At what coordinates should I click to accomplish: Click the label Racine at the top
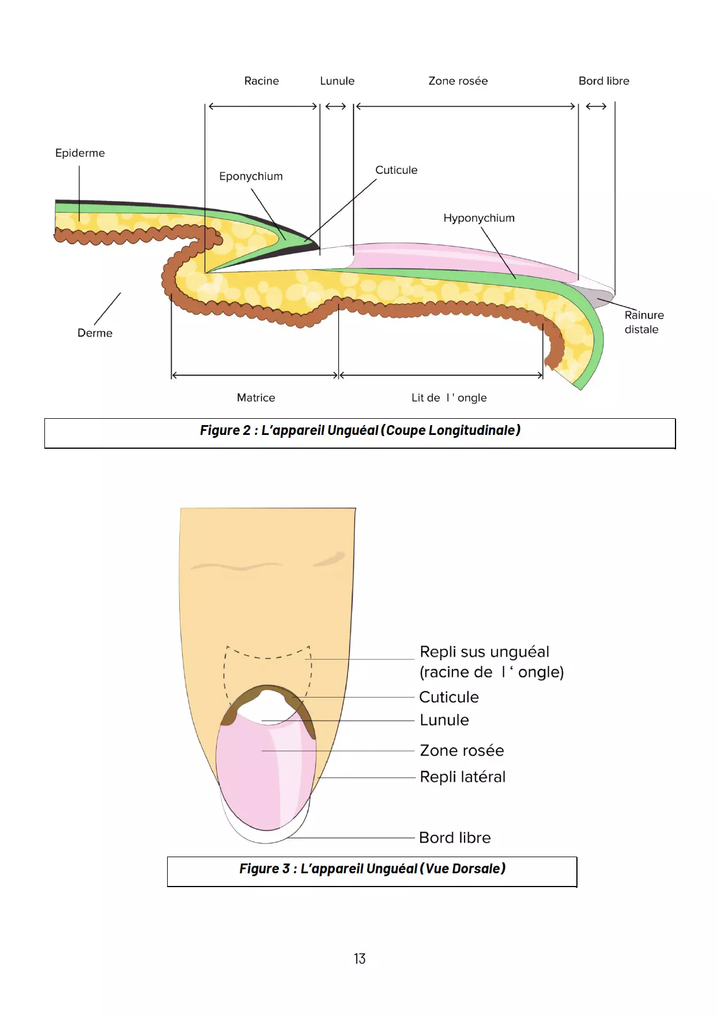[x=261, y=81]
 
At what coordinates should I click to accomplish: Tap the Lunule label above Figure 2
[x=337, y=81]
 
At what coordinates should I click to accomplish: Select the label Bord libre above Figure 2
[x=603, y=81]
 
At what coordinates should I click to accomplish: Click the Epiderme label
[x=80, y=153]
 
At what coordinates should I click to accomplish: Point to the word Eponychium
[x=251, y=176]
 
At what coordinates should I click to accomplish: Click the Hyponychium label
[x=478, y=218]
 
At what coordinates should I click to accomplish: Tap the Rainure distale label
[x=643, y=322]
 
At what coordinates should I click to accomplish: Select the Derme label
[x=95, y=333]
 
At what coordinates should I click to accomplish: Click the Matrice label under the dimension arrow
[x=256, y=397]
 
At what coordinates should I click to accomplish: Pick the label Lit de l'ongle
[x=448, y=397]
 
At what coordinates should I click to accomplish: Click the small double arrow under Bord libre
[x=596, y=107]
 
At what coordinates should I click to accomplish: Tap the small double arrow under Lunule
[x=335, y=107]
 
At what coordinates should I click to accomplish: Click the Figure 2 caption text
[x=360, y=430]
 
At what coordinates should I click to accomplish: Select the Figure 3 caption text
[x=372, y=869]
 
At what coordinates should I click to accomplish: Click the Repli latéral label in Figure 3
[x=462, y=777]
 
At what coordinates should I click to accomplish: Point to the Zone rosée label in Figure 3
[x=462, y=751]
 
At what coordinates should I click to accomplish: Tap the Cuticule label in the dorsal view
[x=448, y=697]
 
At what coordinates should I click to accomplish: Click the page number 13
[x=360, y=959]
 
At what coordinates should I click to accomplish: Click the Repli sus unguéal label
[x=484, y=652]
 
